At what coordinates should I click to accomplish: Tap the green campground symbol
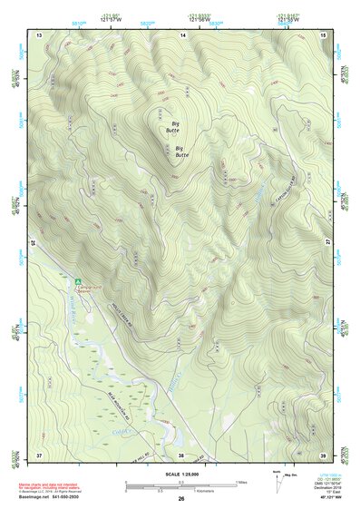79,282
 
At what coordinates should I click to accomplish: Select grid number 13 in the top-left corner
39,34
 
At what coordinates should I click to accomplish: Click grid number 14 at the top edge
182,34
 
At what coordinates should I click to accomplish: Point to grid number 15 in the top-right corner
324,34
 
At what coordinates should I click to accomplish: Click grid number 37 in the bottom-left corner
39,454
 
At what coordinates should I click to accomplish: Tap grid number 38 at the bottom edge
181,454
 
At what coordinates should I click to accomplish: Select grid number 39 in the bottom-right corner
324,454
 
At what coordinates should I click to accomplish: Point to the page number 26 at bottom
181,499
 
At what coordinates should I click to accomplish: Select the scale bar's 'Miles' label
242,482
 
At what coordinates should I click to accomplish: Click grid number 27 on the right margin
328,243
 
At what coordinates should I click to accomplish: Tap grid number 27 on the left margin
33,243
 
